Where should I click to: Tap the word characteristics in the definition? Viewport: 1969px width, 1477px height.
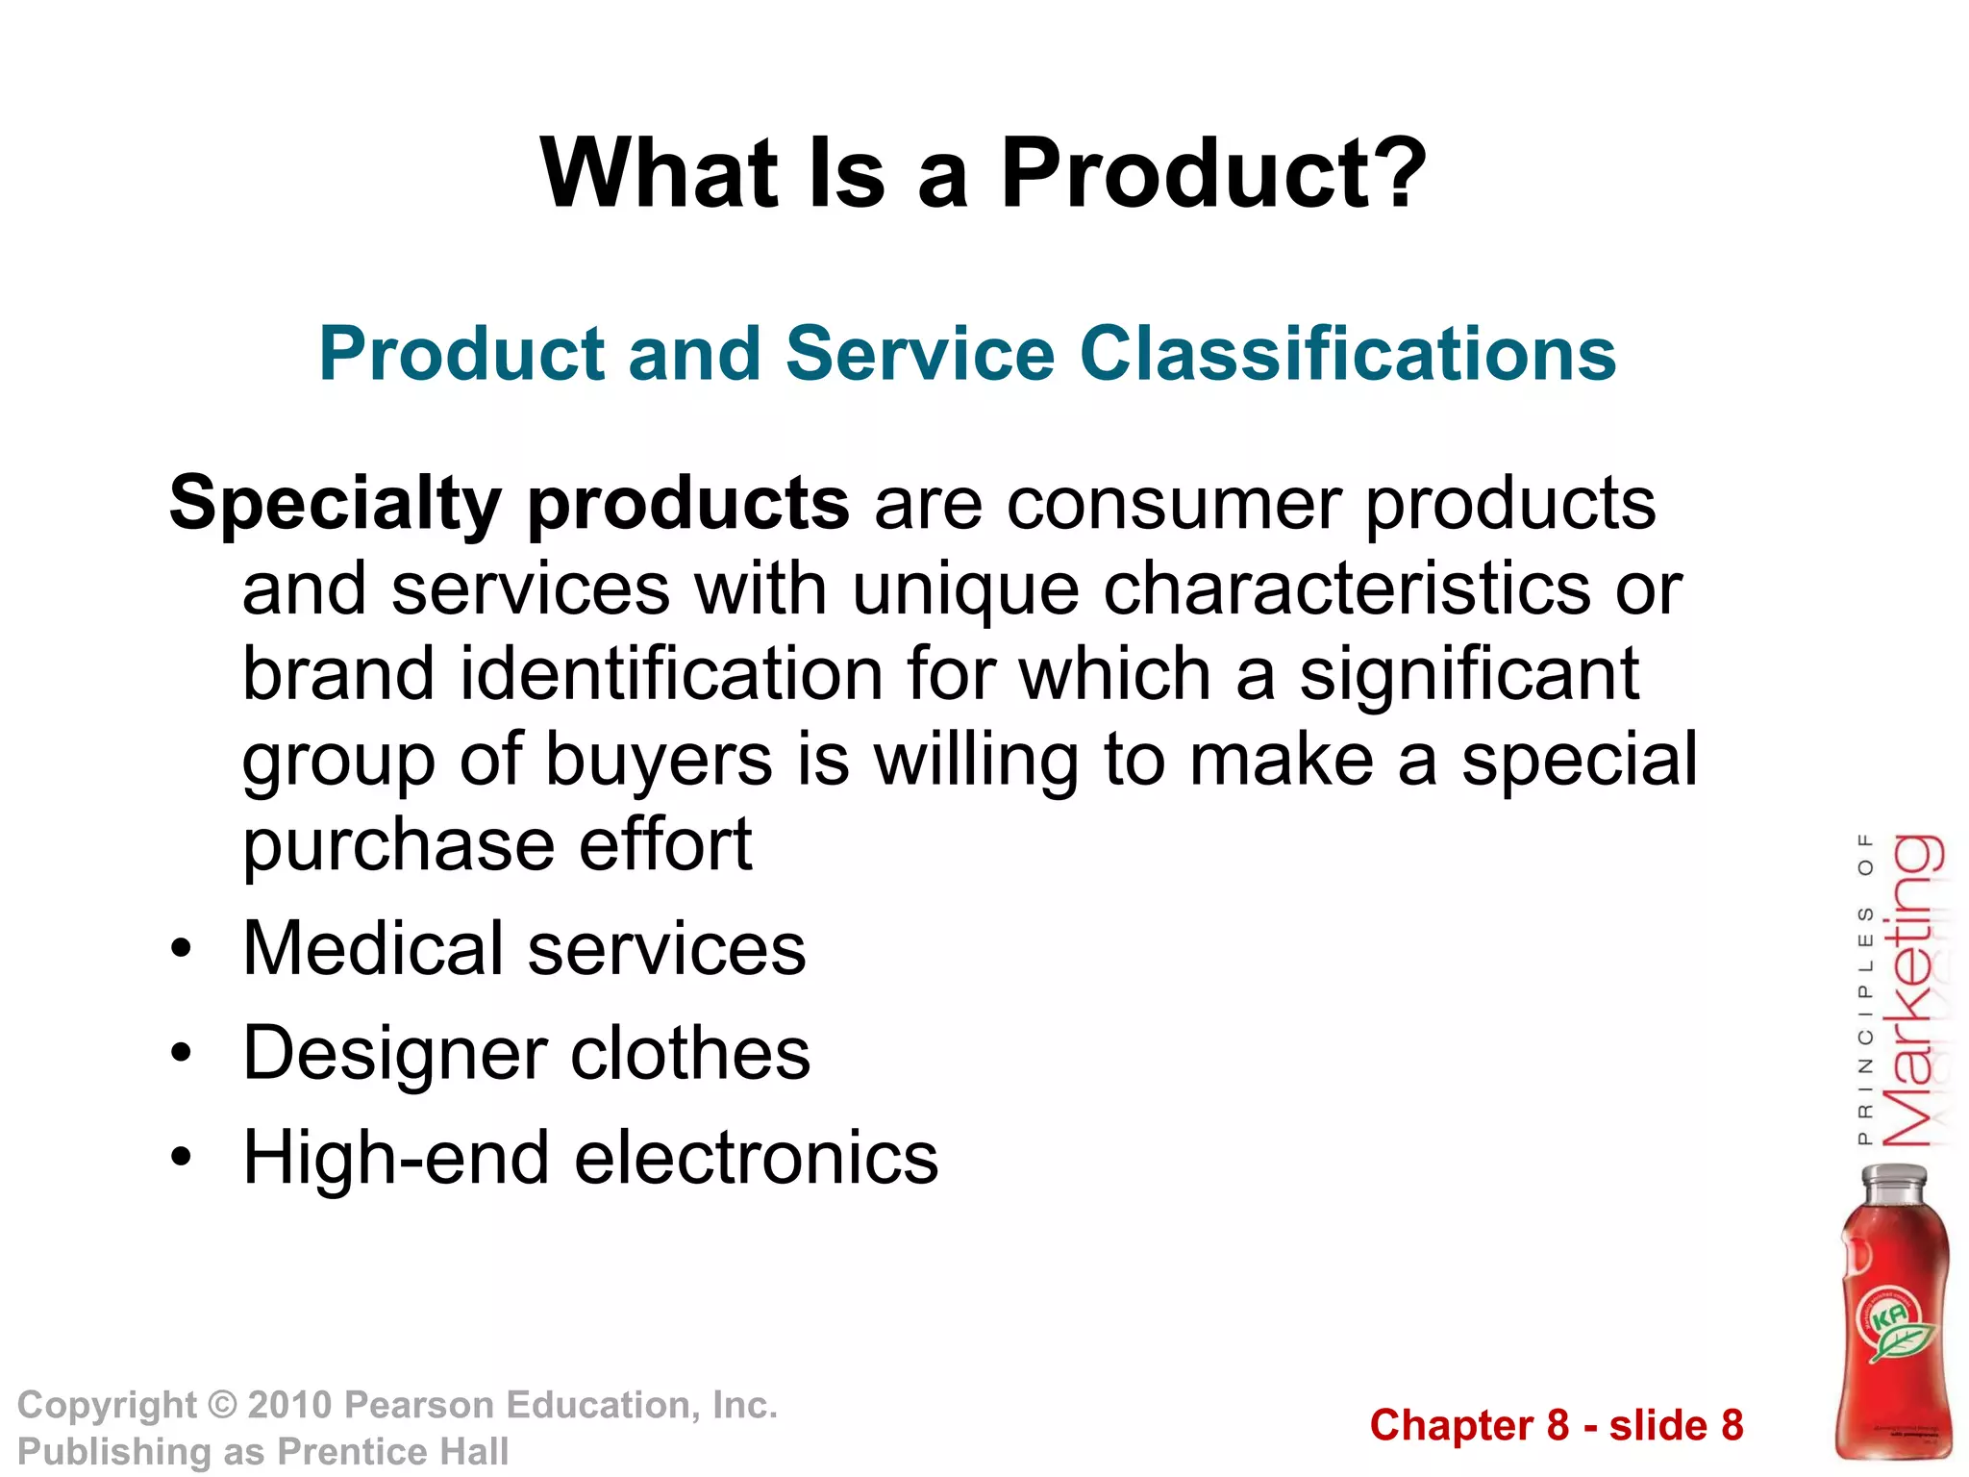pyautogui.click(x=1346, y=589)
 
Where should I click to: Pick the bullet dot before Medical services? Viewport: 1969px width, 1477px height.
pyautogui.click(x=181, y=949)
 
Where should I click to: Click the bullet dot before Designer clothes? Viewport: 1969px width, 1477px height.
pyautogui.click(x=181, y=1054)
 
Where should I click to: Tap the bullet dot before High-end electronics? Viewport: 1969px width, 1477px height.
pyautogui.click(x=181, y=1158)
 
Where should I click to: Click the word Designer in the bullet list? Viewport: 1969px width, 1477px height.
pyautogui.click(x=394, y=1054)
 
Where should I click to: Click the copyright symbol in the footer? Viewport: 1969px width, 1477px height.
pyautogui.click(x=222, y=1406)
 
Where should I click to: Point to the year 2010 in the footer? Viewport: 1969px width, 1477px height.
pyautogui.click(x=290, y=1406)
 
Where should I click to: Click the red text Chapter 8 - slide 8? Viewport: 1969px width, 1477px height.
pyautogui.click(x=1556, y=1425)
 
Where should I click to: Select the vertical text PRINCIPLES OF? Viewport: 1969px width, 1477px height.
pyautogui.click(x=1865, y=990)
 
